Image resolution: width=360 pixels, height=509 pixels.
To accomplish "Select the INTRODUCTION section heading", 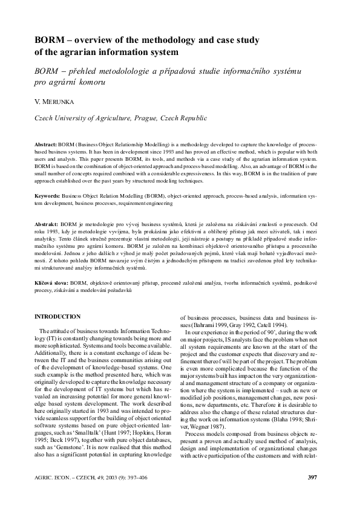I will (x=57, y=317).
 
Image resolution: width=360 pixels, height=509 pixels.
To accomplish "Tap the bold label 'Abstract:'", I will (x=46, y=146).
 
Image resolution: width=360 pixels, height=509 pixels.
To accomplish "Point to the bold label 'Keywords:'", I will (x=47, y=196).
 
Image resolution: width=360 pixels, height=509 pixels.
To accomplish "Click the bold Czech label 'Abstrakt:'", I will (x=47, y=224).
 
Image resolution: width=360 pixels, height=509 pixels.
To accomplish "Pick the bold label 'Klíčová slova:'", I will (x=51, y=283).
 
